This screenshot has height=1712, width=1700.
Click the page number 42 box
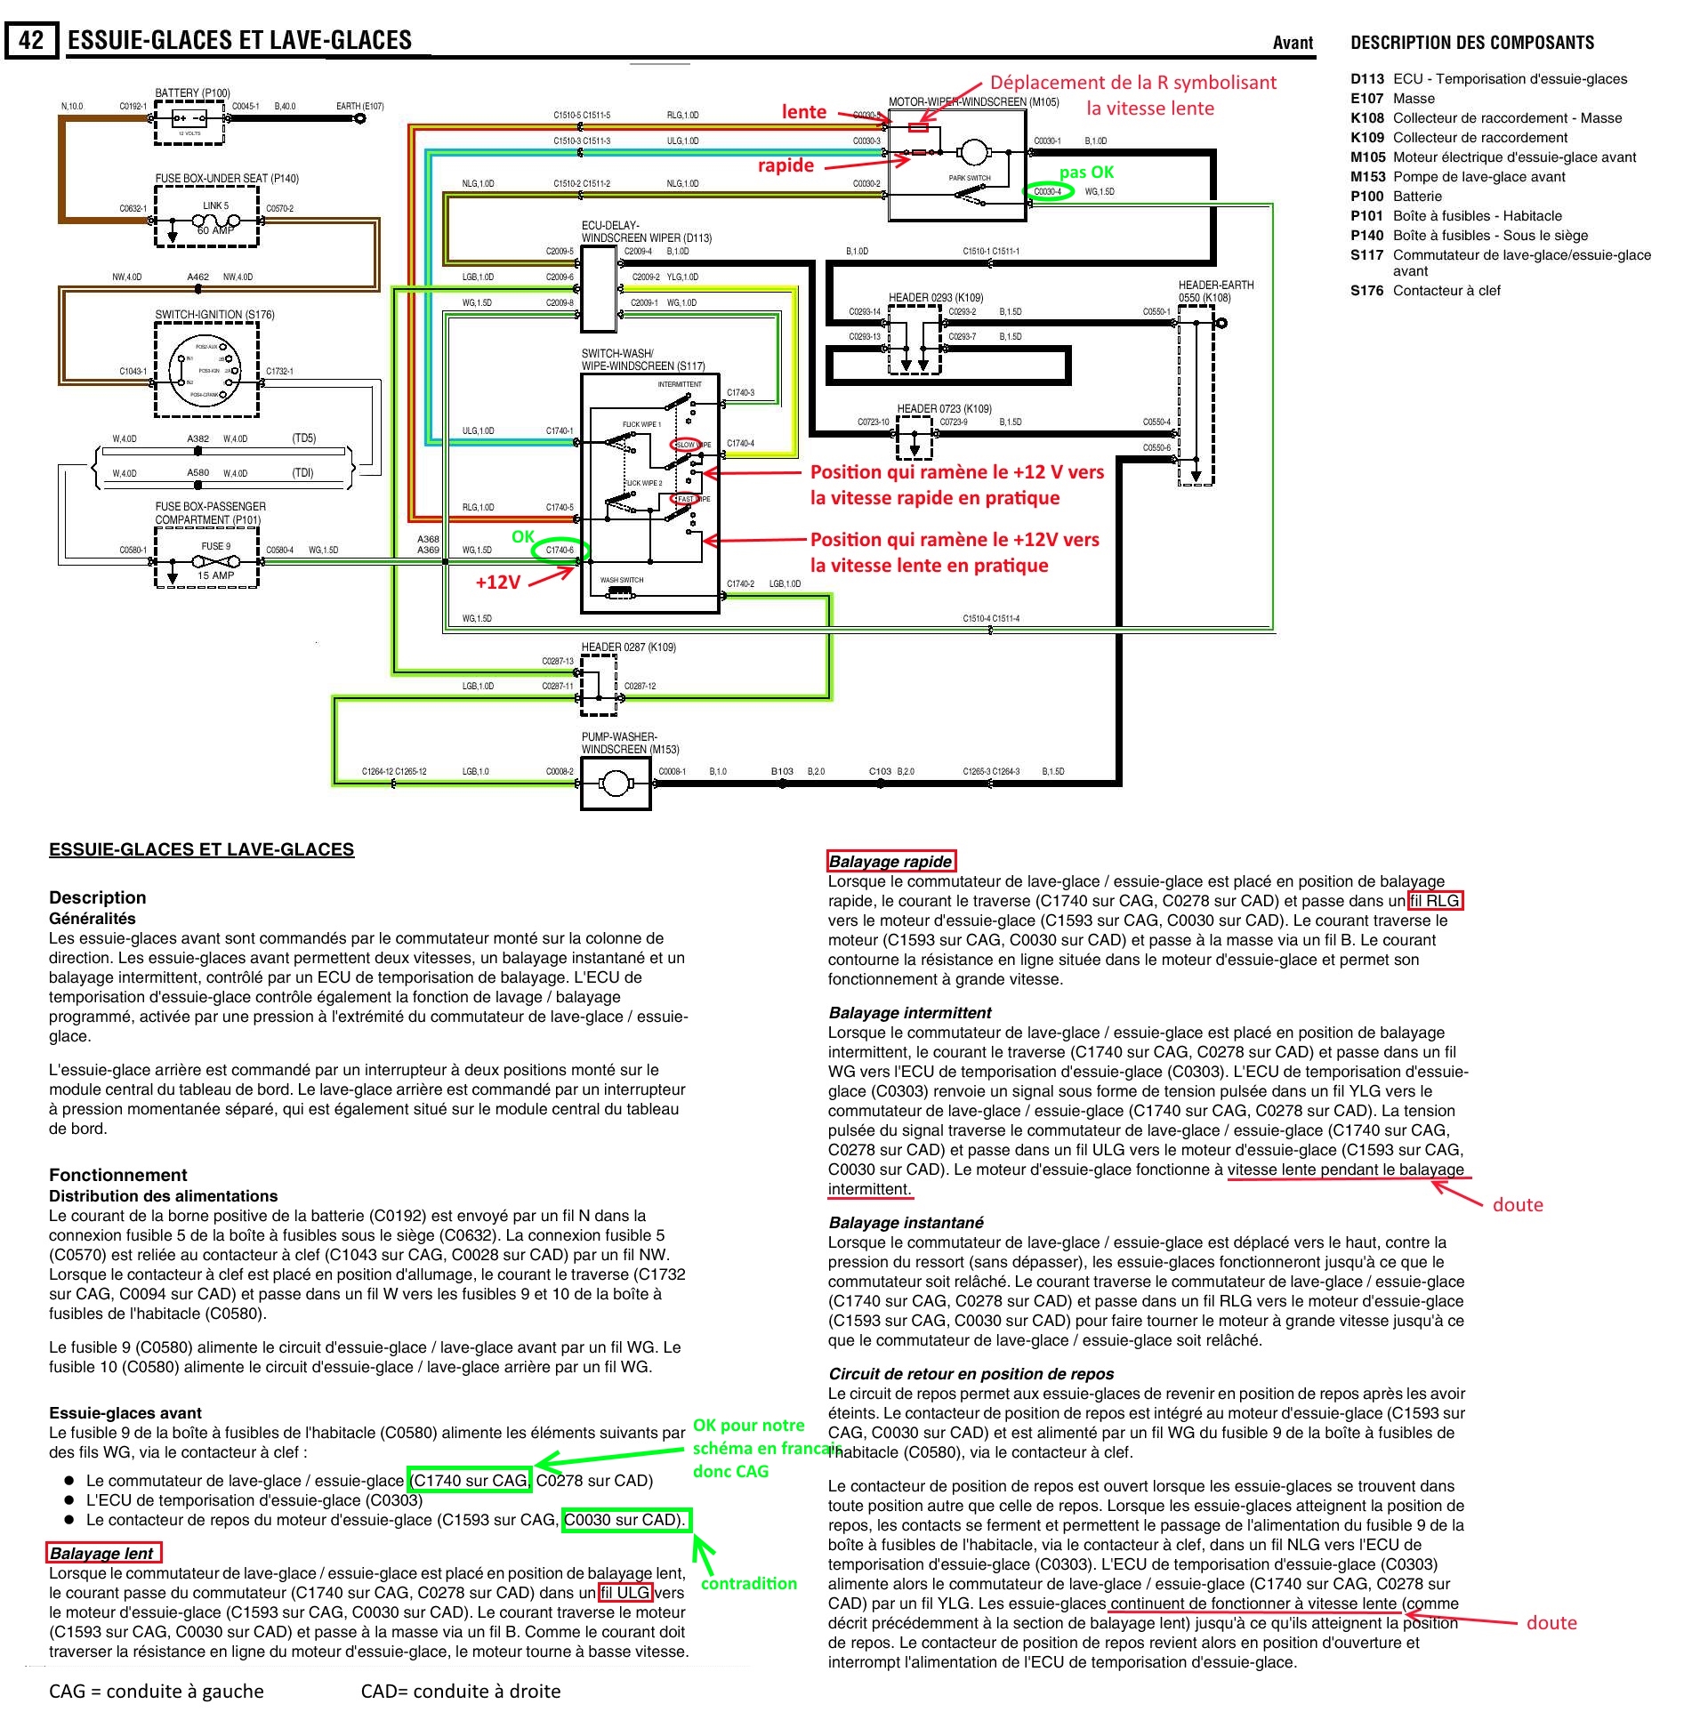[x=32, y=41]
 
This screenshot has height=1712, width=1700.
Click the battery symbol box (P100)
[x=189, y=120]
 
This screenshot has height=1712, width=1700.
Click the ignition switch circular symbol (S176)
[x=205, y=371]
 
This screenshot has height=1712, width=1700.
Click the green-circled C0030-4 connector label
[x=1048, y=191]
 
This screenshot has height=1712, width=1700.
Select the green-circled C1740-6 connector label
[x=560, y=551]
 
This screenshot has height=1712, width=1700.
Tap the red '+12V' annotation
[x=496, y=582]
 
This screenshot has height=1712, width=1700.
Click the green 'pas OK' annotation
[x=1086, y=172]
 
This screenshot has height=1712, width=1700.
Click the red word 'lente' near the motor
[x=803, y=112]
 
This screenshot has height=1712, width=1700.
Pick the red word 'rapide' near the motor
[x=786, y=165]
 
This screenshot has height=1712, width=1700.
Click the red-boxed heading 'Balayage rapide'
[x=890, y=861]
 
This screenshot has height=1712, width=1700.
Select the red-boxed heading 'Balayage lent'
[x=103, y=1554]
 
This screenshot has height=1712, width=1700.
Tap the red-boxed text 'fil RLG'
[x=1435, y=901]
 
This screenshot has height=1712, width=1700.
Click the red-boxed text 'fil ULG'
[x=625, y=1593]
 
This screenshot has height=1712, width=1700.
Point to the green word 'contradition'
[x=749, y=1583]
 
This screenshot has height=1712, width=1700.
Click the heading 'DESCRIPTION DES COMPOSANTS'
[x=1471, y=43]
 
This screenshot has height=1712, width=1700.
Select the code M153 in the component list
[x=1367, y=177]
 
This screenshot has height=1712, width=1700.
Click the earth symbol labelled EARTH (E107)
[x=359, y=117]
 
